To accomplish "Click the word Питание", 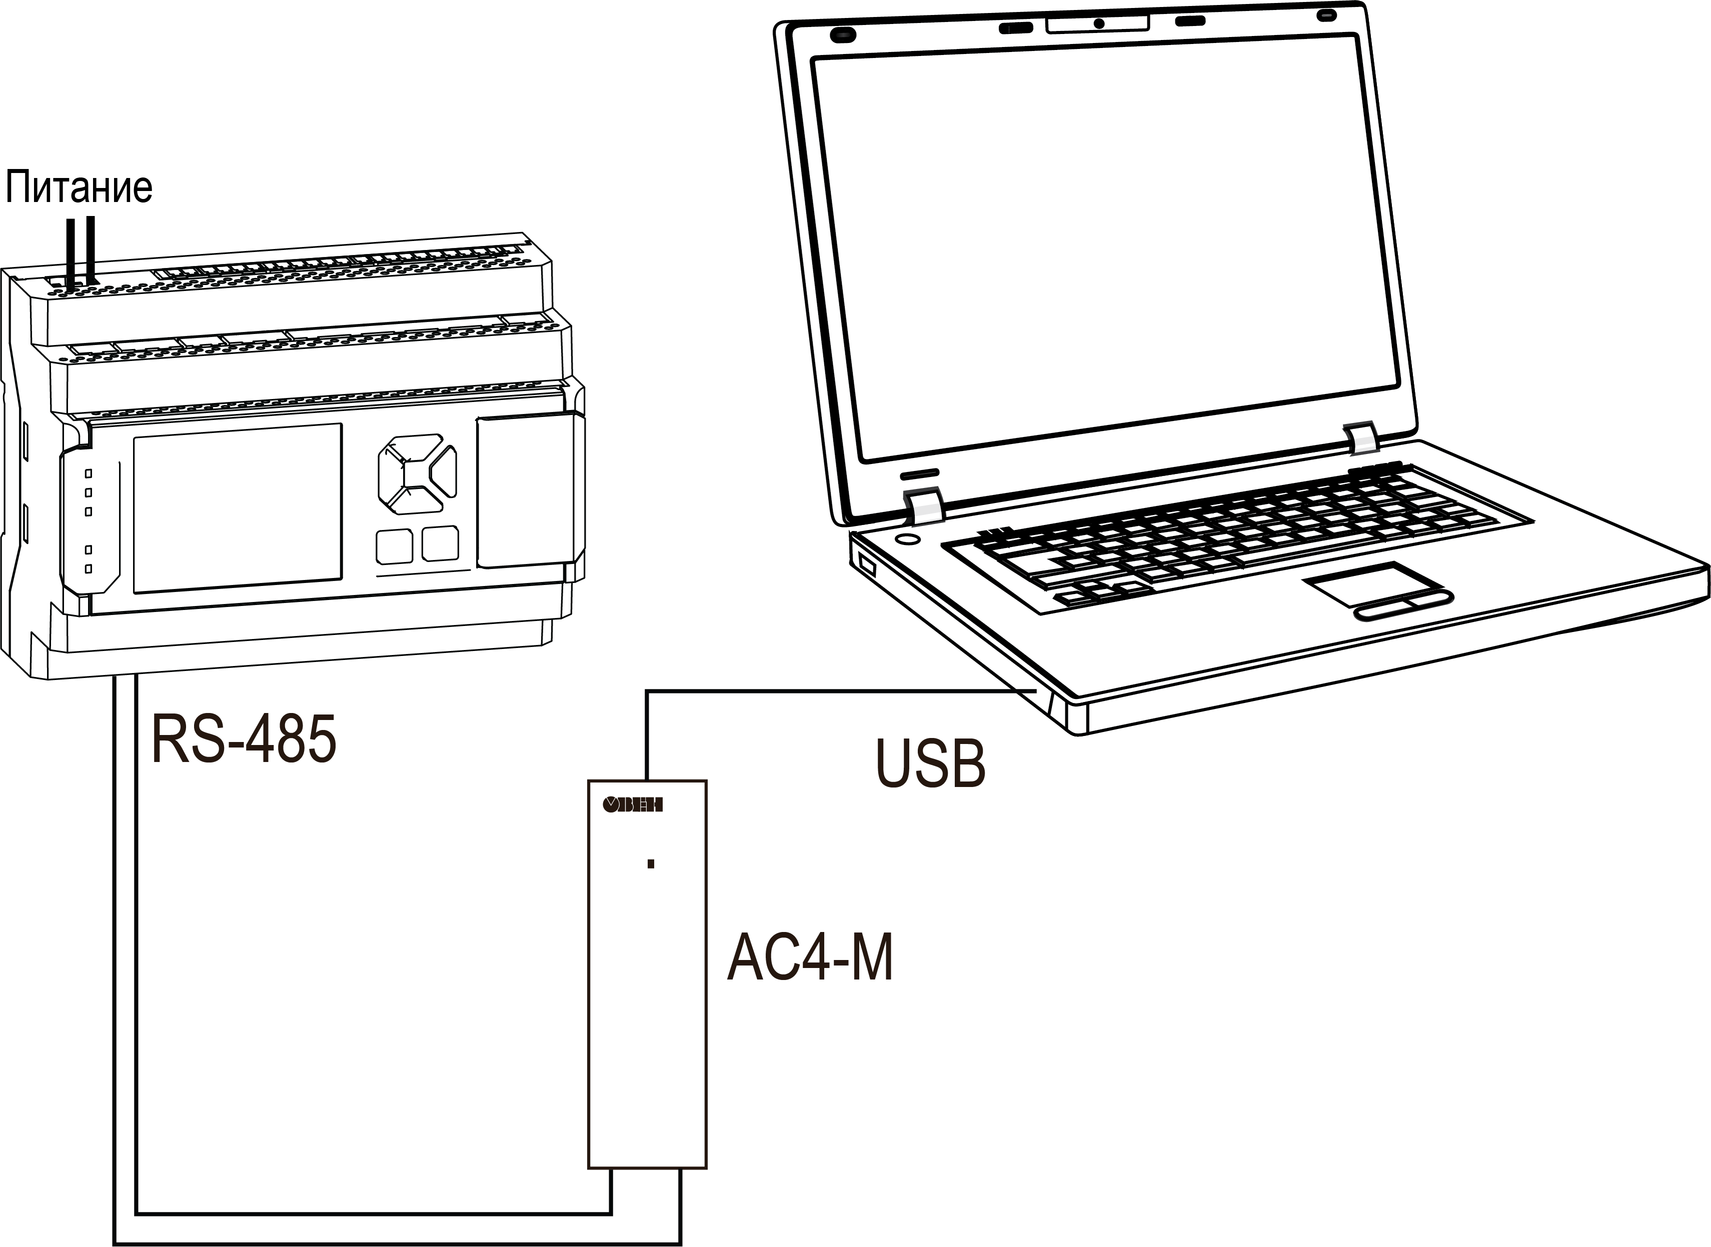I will coord(79,187).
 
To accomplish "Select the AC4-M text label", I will coord(809,958).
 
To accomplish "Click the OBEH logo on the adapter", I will coord(632,804).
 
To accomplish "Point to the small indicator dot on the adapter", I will coord(651,863).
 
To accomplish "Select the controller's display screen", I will coord(237,508).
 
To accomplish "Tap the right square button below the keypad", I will coord(440,543).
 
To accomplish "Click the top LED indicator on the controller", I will coord(89,473).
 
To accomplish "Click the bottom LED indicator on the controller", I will coord(89,568).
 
